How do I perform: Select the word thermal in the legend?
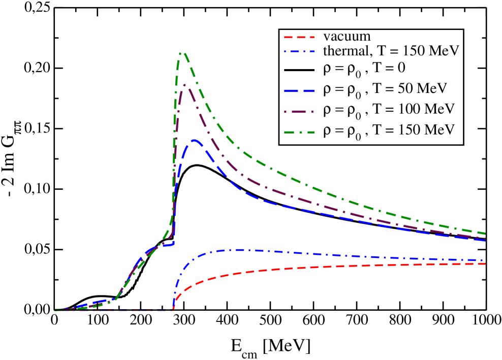tap(343, 51)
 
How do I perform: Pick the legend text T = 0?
tap(387, 69)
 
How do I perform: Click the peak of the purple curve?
tap(185, 84)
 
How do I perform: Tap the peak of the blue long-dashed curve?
tap(194, 140)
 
